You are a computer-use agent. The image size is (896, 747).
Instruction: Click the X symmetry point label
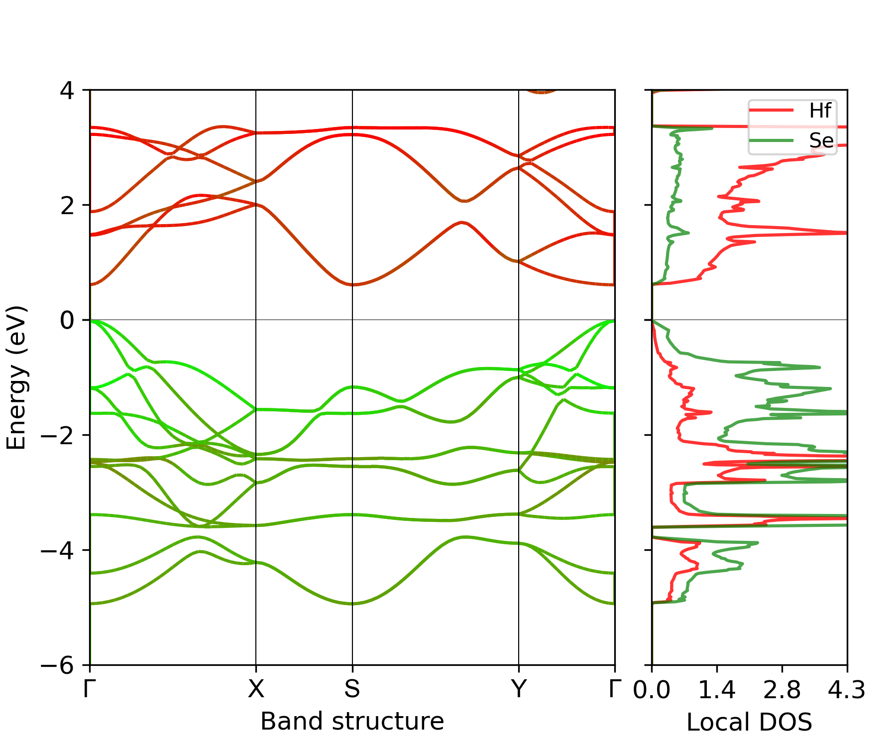256,689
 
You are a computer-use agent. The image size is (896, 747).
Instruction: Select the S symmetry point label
352,689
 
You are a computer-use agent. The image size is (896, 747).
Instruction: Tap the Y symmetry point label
519,689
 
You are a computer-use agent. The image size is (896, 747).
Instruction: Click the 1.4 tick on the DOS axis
717,690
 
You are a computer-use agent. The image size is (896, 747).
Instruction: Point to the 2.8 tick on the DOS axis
782,690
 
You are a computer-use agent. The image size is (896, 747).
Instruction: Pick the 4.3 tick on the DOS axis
847,690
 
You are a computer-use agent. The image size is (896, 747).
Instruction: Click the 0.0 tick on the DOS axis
652,690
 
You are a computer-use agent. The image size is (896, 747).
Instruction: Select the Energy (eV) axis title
16,377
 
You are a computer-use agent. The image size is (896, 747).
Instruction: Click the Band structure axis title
352,721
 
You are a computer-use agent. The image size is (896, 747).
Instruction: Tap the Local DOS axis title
749,722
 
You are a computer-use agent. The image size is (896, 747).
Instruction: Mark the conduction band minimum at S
352,285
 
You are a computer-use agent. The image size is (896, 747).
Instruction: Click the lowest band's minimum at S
352,604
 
